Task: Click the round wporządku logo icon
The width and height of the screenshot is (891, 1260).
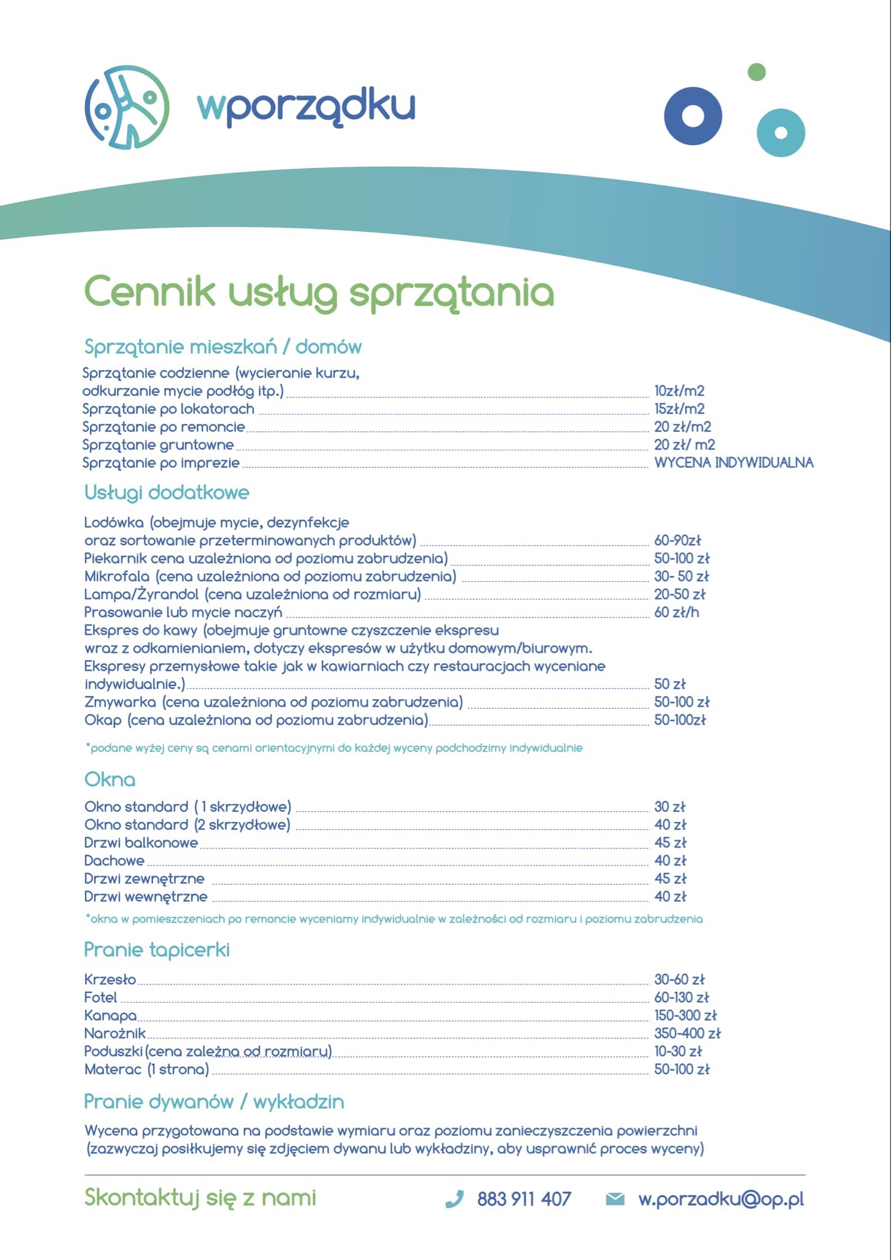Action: click(x=127, y=107)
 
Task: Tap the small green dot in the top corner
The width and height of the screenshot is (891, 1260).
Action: click(x=756, y=72)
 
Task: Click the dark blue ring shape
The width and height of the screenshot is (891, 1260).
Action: click(x=693, y=116)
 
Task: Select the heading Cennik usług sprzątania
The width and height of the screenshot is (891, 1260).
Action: click(x=319, y=292)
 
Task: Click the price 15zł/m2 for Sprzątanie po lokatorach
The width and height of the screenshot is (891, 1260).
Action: click(x=679, y=409)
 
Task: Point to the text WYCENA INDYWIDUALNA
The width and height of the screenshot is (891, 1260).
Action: click(x=733, y=463)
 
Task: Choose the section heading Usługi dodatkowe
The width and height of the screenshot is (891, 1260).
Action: click(x=167, y=492)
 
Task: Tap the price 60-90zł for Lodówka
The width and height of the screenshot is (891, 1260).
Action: click(x=677, y=541)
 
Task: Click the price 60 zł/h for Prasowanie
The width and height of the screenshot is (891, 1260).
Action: click(x=676, y=612)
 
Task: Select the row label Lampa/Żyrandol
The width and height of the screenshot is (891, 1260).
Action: click(x=141, y=594)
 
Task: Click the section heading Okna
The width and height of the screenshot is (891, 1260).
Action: click(x=109, y=780)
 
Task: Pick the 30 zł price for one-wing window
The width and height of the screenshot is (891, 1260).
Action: click(x=670, y=807)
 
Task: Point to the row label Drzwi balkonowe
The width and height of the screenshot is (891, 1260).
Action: click(x=141, y=843)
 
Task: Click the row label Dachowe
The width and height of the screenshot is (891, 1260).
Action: click(x=114, y=861)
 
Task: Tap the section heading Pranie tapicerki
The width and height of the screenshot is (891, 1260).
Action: click(x=157, y=949)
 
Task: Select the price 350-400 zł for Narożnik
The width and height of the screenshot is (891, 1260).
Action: click(x=687, y=1034)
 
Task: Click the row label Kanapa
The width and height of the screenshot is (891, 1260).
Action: click(x=111, y=1016)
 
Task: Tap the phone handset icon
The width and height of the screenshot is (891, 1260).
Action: click(x=454, y=1199)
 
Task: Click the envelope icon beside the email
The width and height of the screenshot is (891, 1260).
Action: click(x=615, y=1199)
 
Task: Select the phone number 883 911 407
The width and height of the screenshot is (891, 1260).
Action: click(x=524, y=1199)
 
